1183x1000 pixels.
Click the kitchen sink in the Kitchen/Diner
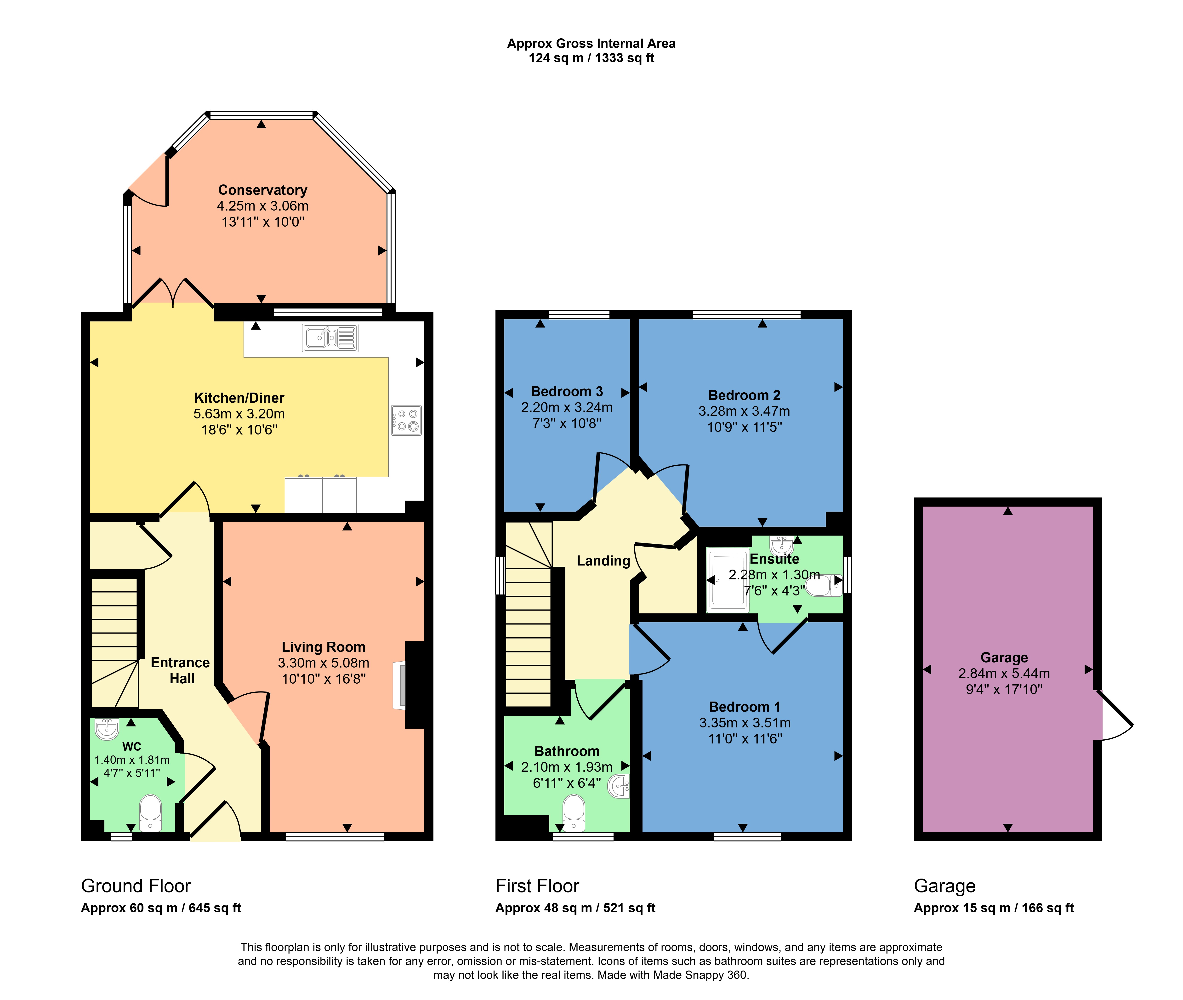pos(330,338)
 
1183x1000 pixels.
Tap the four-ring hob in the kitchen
pos(406,420)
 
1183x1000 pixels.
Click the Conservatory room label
pos(262,190)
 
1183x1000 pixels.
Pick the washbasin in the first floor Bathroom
pos(619,786)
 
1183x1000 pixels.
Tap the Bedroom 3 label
pos(567,392)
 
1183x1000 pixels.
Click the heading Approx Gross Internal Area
pos(591,44)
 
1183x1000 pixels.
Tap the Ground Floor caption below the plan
pos(136,886)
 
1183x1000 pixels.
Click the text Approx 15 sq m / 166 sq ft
pos(994,908)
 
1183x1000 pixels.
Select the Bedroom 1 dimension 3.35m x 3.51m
pos(745,723)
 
